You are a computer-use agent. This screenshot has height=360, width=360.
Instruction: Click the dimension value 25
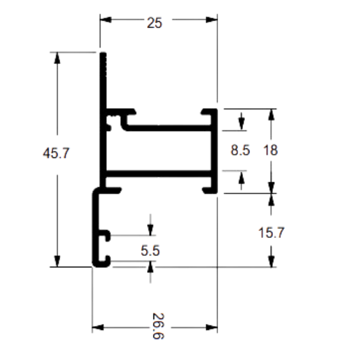tap(155, 23)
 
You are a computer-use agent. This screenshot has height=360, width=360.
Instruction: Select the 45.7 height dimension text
tap(56, 153)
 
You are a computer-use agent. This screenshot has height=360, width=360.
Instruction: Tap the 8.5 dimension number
tap(240, 150)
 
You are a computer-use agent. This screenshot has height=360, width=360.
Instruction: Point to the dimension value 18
tap(270, 150)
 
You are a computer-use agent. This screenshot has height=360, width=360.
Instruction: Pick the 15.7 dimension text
tap(271, 232)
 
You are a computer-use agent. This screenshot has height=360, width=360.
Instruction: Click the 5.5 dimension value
tap(150, 251)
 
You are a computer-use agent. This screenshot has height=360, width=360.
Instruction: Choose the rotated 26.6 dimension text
tap(158, 326)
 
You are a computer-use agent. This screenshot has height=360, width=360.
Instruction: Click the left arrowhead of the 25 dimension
tap(106, 20)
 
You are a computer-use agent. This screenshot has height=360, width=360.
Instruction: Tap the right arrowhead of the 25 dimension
tap(212, 20)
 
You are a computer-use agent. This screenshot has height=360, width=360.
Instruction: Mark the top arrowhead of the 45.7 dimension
tap(57, 58)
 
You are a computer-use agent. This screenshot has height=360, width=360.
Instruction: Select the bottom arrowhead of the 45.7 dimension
tap(57, 261)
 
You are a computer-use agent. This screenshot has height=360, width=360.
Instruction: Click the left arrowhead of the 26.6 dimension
tap(98, 327)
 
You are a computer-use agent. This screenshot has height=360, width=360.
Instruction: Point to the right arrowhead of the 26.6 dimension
tap(212, 327)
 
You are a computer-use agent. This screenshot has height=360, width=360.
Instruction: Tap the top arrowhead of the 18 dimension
tap(271, 114)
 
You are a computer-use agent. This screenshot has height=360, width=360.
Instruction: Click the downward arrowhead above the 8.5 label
tap(241, 125)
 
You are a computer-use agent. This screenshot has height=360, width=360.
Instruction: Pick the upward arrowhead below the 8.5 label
tap(241, 176)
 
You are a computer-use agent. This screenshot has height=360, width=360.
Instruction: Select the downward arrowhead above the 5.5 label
tap(150, 230)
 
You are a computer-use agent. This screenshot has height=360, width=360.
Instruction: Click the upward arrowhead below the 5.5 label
tap(150, 267)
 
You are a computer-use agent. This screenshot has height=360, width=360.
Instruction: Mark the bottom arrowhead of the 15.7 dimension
tap(271, 262)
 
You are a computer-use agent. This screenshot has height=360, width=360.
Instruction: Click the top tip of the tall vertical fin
tap(103, 53)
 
